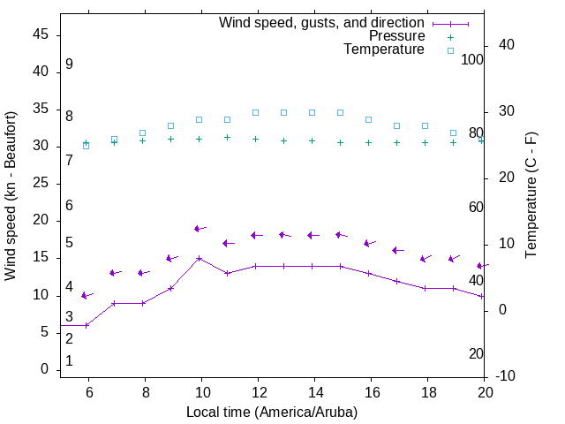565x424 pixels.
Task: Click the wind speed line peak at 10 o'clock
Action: click(x=200, y=258)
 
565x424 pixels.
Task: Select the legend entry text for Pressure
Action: click(x=395, y=36)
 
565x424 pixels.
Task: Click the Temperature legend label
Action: click(x=384, y=49)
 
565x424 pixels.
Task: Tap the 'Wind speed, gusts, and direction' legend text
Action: click(x=322, y=23)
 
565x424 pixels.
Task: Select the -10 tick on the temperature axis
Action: click(x=507, y=376)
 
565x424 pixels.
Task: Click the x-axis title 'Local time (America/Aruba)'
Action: click(x=272, y=412)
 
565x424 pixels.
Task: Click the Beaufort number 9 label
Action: click(x=69, y=64)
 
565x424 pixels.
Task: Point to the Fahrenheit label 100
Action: click(x=472, y=59)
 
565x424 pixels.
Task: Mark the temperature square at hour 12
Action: click(x=256, y=112)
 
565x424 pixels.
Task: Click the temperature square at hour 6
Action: click(x=87, y=145)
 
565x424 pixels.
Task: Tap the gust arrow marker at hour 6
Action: click(x=86, y=295)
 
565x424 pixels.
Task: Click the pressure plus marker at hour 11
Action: click(x=228, y=137)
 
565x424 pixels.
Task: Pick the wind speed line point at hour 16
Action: click(x=369, y=273)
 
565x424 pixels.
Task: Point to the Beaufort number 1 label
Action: click(x=69, y=361)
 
